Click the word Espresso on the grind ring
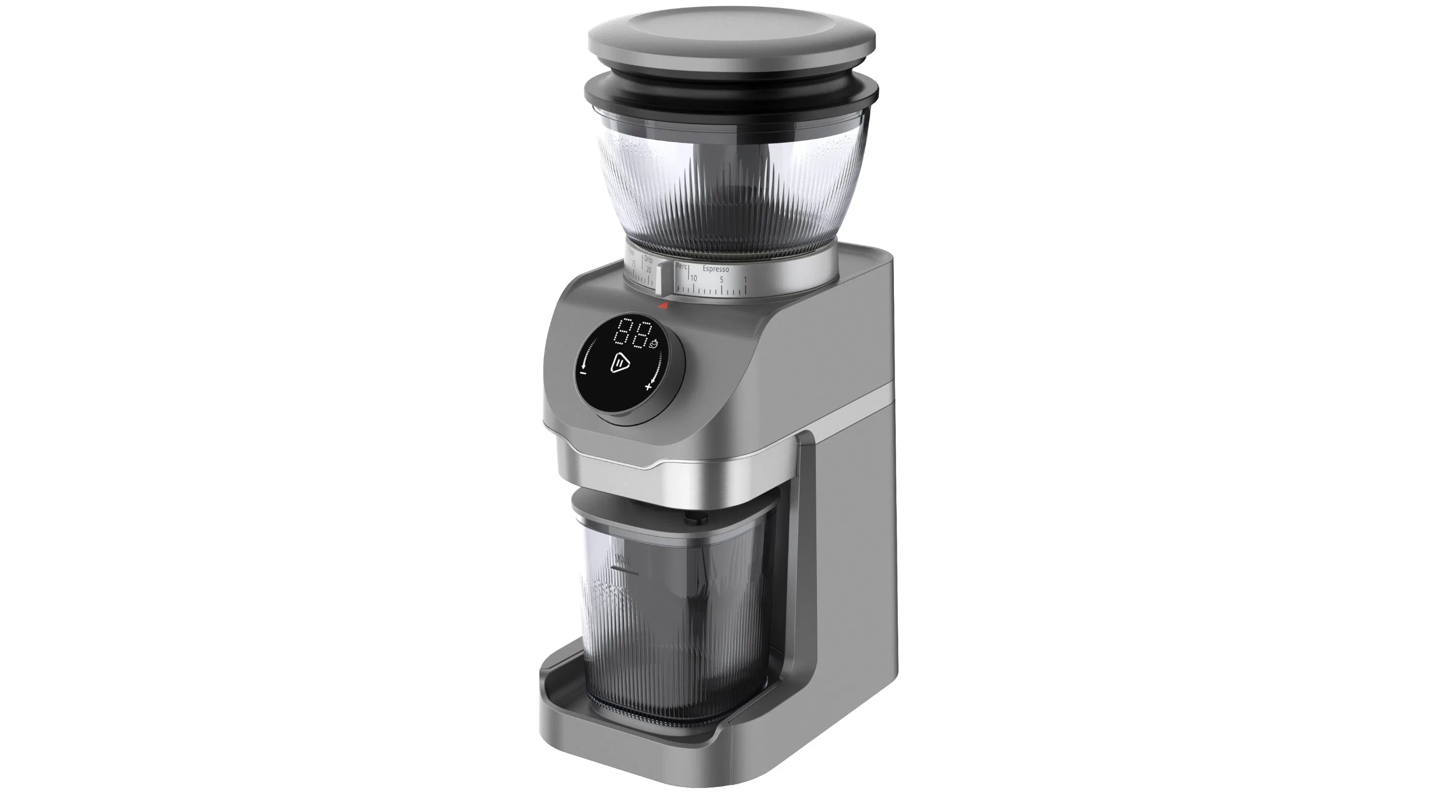click(x=715, y=269)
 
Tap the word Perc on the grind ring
click(x=681, y=267)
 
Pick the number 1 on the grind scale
click(x=745, y=280)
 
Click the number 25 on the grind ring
click(x=633, y=265)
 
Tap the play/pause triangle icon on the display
click(x=620, y=363)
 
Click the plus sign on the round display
click(x=648, y=386)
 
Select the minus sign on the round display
click(x=583, y=373)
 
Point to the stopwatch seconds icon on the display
click(x=654, y=344)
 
